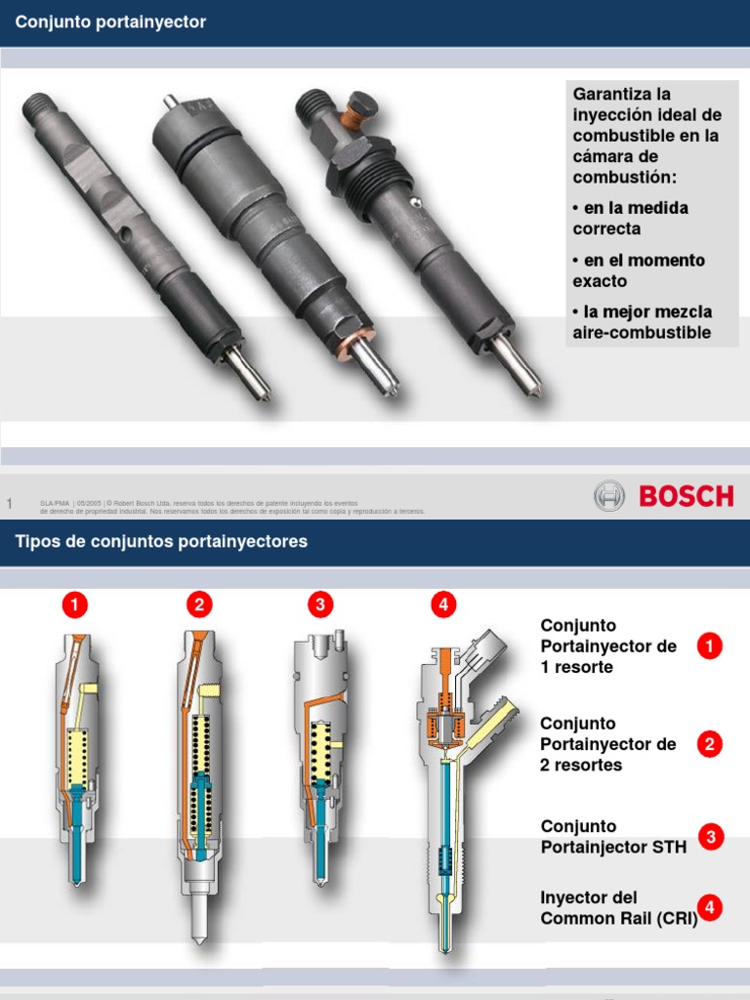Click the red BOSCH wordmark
click(686, 496)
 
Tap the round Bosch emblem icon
click(608, 496)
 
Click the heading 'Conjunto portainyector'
click(110, 22)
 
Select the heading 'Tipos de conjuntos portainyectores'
click(161, 541)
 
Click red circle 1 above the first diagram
click(74, 605)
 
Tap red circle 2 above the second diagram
click(199, 605)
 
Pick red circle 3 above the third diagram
click(319, 605)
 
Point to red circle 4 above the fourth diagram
click(443, 605)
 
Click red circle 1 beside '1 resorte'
click(710, 646)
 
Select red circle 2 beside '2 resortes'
click(710, 744)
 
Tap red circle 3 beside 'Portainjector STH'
click(712, 837)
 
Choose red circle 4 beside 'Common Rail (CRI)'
click(710, 908)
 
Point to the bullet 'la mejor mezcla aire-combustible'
click(642, 322)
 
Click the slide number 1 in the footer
click(10, 503)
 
